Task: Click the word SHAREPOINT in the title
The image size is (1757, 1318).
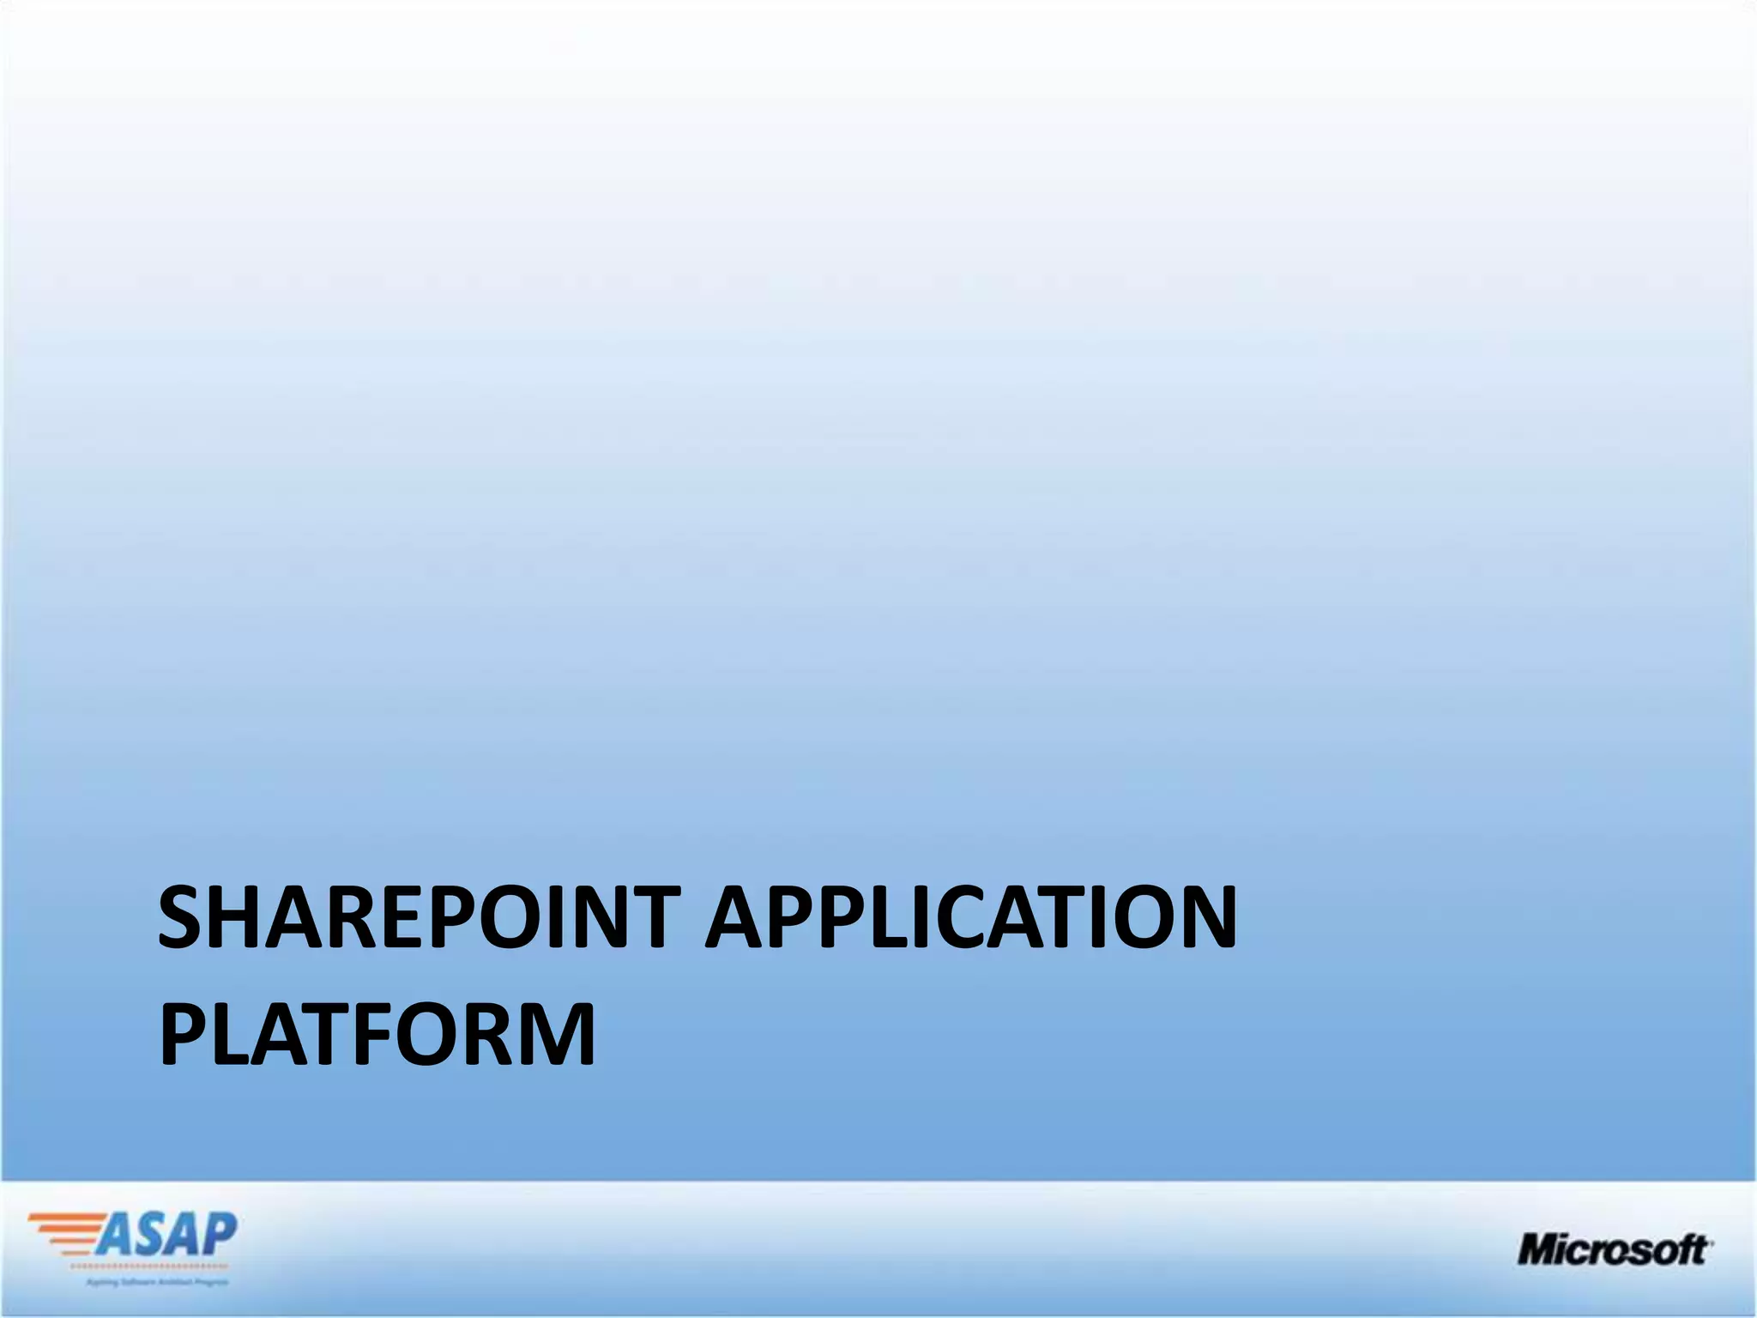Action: pyautogui.click(x=420, y=918)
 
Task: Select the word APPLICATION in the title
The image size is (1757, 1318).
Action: pyautogui.click(x=972, y=918)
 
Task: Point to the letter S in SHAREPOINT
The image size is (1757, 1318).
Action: pyautogui.click(x=183, y=918)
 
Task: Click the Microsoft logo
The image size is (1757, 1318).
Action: pyautogui.click(x=1613, y=1249)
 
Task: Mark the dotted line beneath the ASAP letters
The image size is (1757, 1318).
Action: pyautogui.click(x=148, y=1267)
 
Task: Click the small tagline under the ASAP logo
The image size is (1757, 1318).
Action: pyautogui.click(x=156, y=1283)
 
